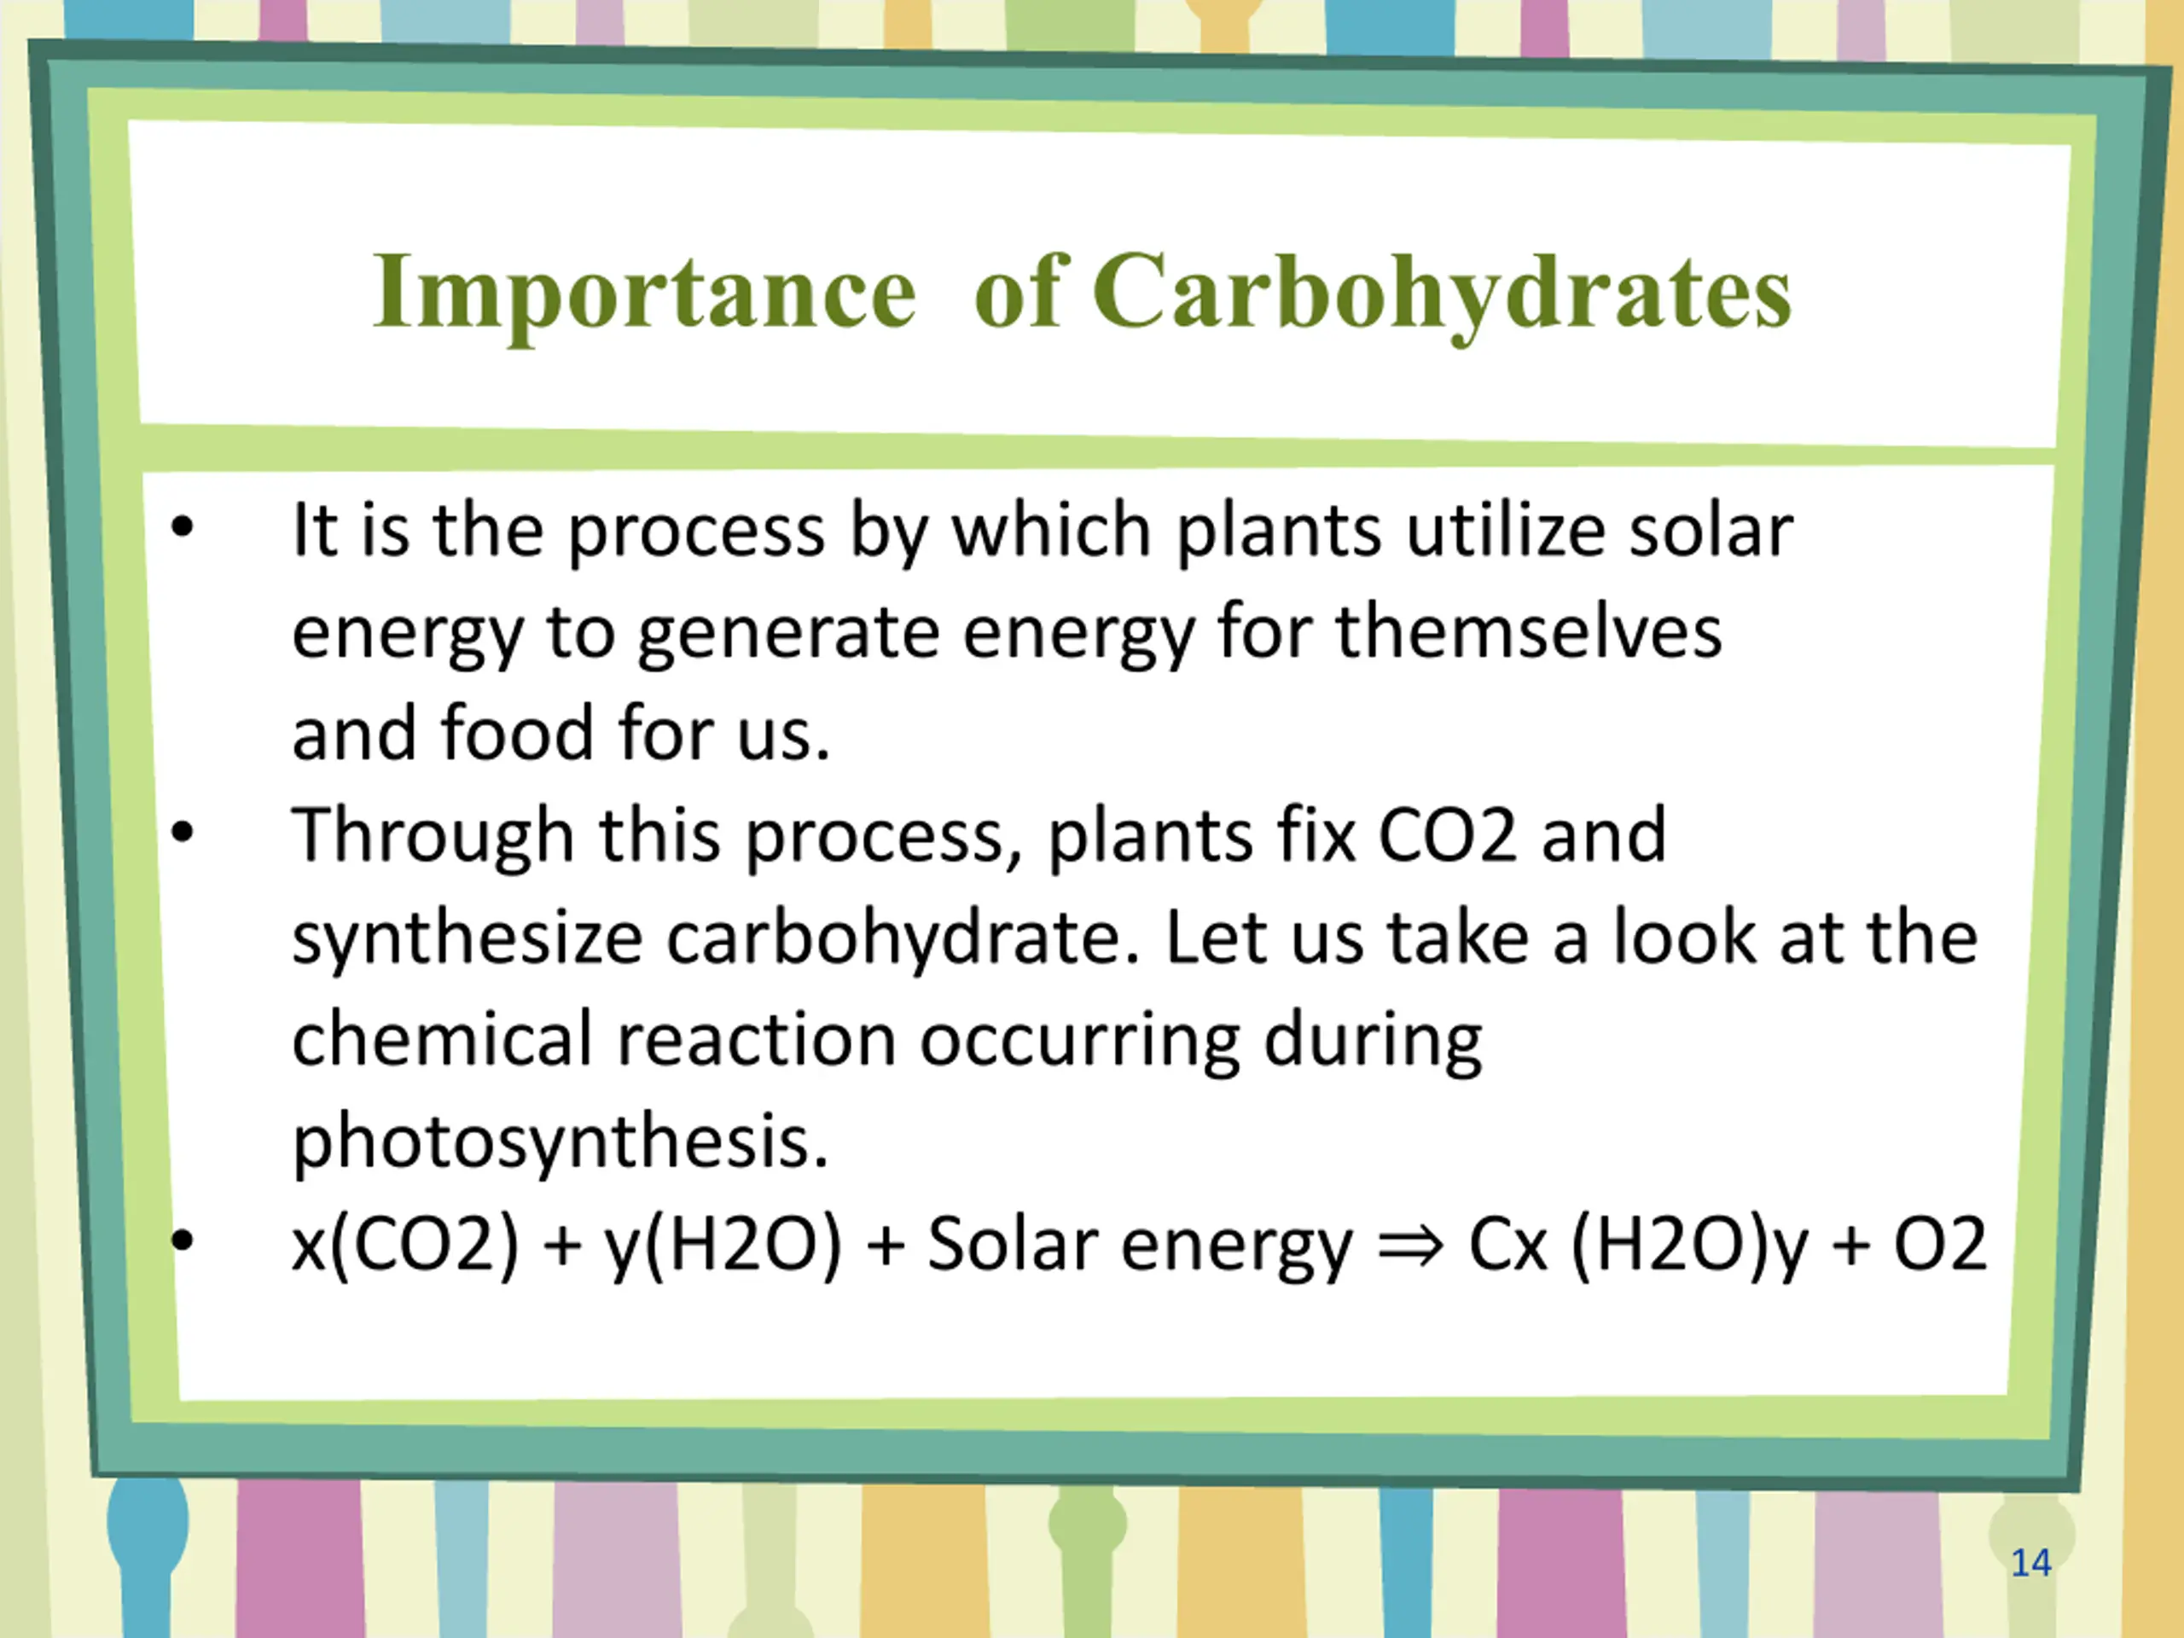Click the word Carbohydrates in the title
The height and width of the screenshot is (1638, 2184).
tap(1442, 294)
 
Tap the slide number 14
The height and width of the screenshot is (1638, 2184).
tap(2031, 1563)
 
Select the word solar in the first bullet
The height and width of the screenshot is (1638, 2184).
tap(1710, 531)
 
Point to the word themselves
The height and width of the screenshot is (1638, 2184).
tap(1530, 632)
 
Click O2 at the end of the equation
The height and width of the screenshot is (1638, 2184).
tap(1939, 1244)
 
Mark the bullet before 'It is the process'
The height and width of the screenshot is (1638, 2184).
tap(183, 528)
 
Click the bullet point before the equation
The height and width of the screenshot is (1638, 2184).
tap(183, 1239)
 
